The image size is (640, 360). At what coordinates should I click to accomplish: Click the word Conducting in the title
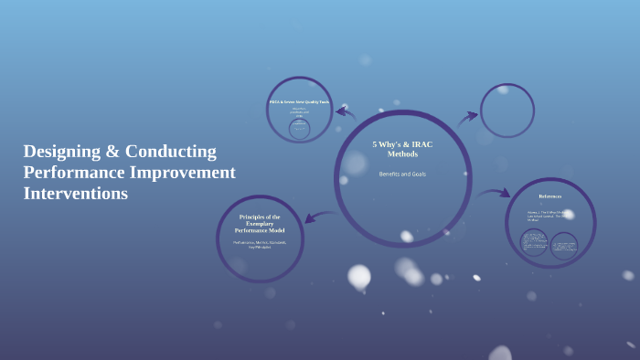tap(172, 152)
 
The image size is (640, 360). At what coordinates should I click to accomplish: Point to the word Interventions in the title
tap(76, 194)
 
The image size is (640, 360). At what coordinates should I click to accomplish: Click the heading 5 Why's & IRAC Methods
tap(402, 149)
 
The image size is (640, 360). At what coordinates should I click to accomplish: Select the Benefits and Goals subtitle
tap(402, 174)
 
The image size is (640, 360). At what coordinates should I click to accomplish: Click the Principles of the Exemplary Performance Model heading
tap(260, 224)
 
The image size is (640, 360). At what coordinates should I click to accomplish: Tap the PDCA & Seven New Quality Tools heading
tap(299, 102)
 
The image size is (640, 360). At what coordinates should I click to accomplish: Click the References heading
tap(550, 196)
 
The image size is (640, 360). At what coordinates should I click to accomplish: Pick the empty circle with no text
tap(507, 111)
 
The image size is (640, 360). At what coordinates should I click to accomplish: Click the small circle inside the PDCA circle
tap(299, 129)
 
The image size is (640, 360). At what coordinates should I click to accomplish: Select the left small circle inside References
tap(534, 243)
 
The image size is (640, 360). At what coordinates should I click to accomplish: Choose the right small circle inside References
tap(564, 245)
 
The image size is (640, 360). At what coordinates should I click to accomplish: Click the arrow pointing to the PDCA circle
tap(346, 113)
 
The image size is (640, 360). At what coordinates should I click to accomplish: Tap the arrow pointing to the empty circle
tap(467, 117)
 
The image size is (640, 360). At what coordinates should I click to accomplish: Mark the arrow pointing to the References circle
tap(494, 193)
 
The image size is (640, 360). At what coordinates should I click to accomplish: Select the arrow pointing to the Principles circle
tap(319, 217)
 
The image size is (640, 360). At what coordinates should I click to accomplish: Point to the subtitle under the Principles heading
tap(260, 244)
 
